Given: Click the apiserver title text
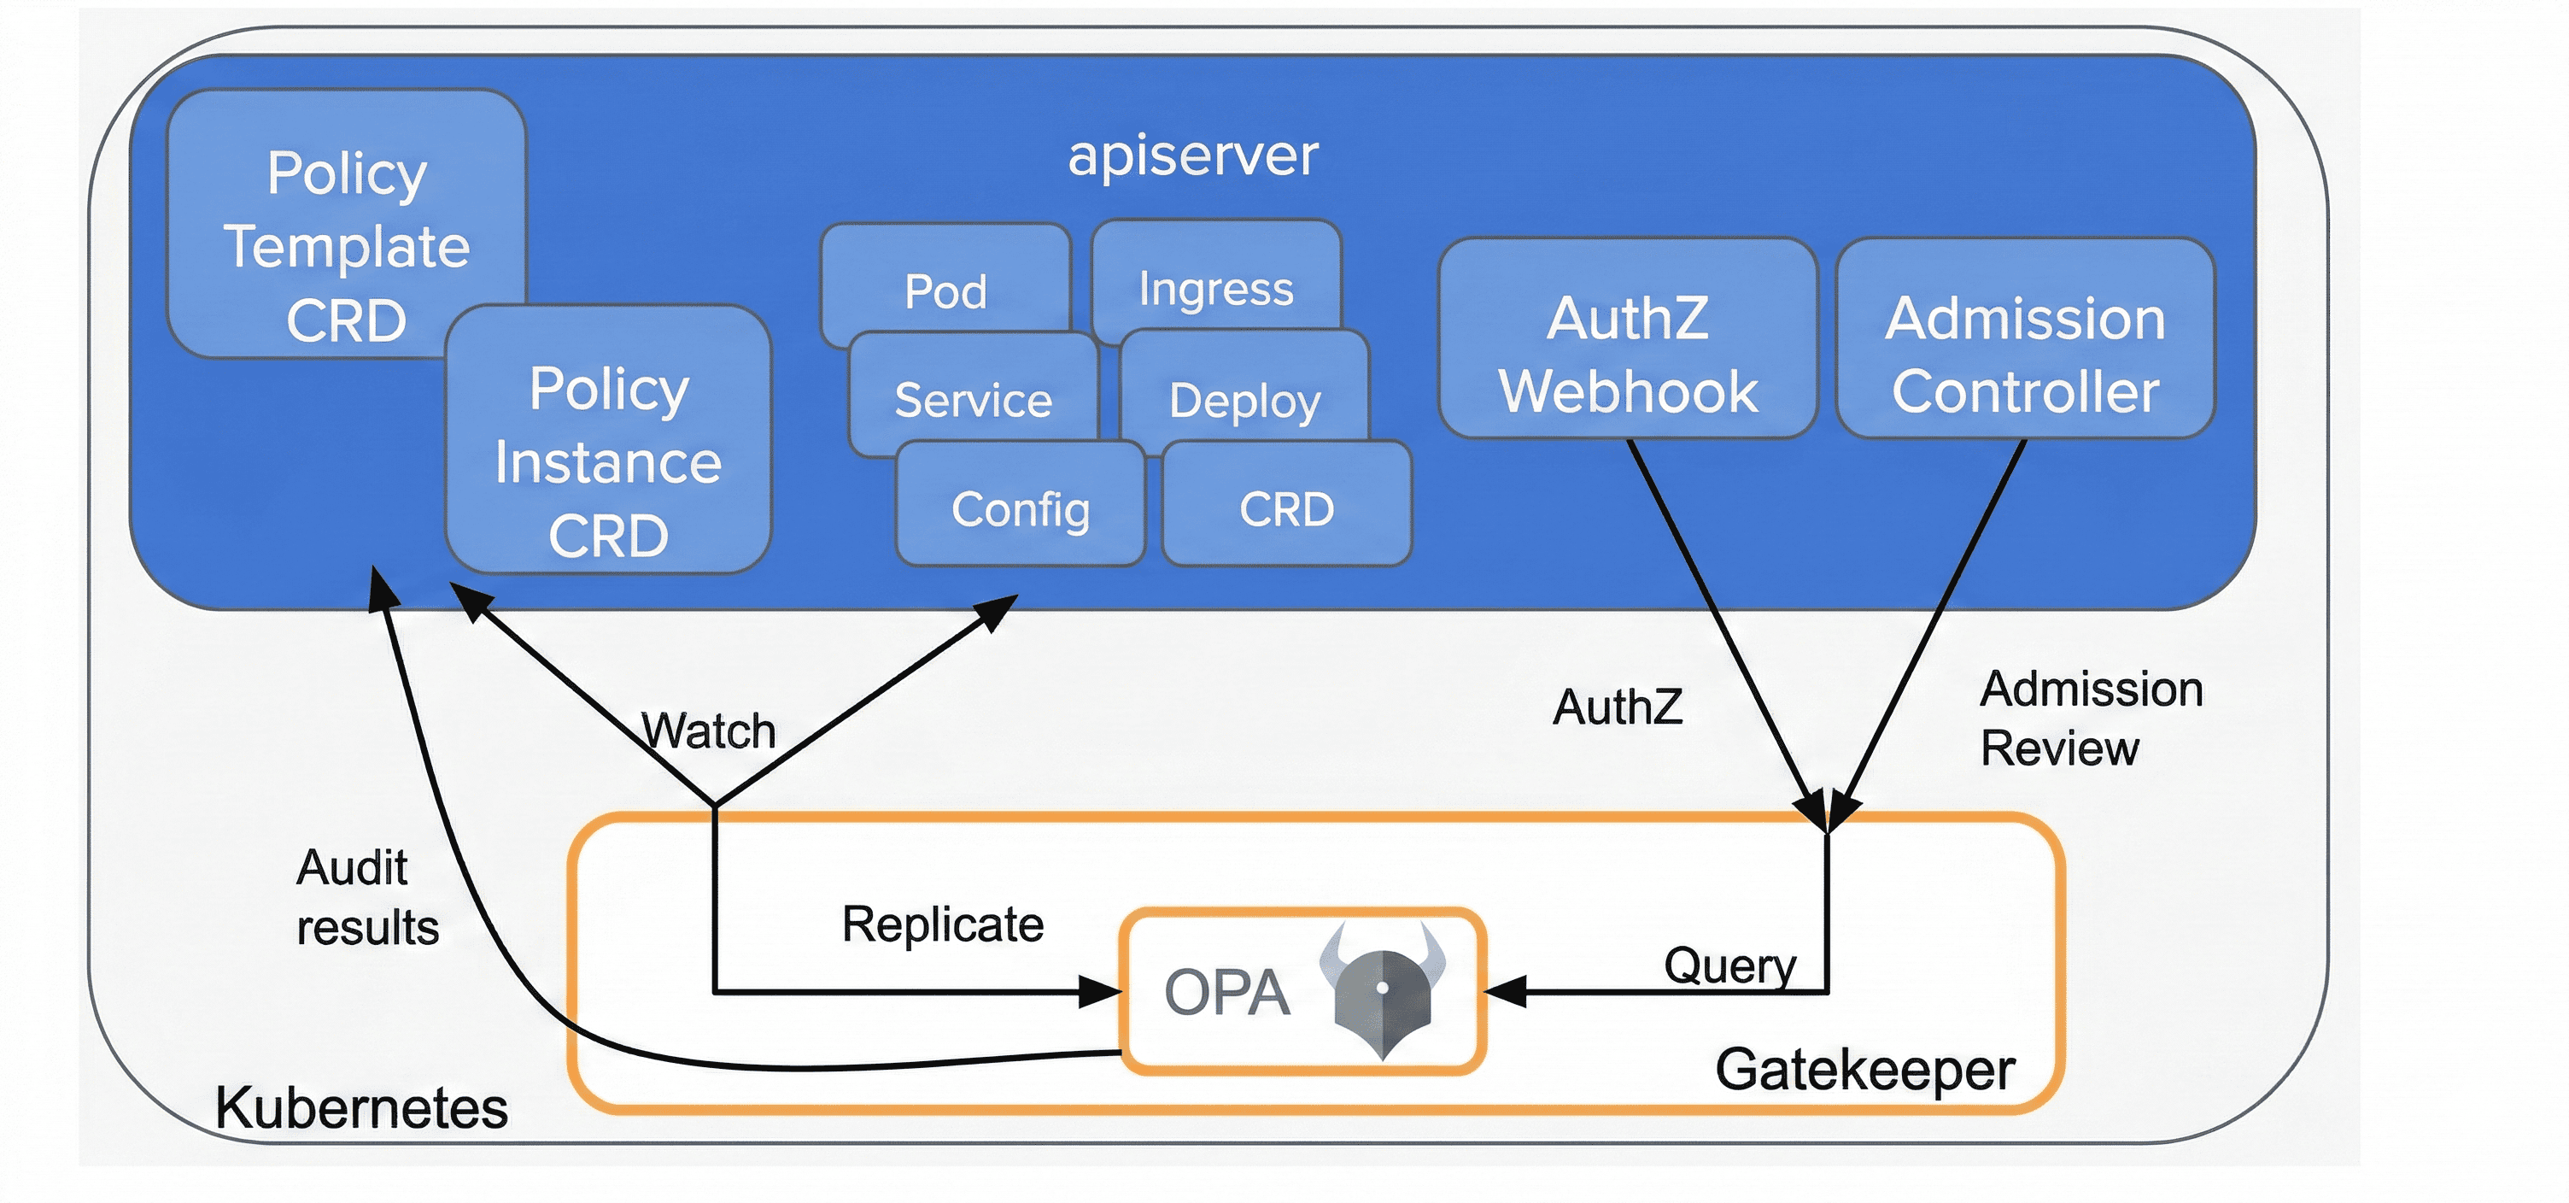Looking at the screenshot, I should click(x=1193, y=156).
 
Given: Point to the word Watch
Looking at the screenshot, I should click(x=708, y=731).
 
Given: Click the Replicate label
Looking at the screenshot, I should click(x=942, y=924).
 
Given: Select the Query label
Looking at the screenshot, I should click(x=1729, y=965).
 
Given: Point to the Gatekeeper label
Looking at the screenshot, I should click(x=1865, y=1070).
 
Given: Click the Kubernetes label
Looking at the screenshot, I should click(x=361, y=1107).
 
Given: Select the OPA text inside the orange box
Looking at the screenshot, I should click(x=1226, y=993).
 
